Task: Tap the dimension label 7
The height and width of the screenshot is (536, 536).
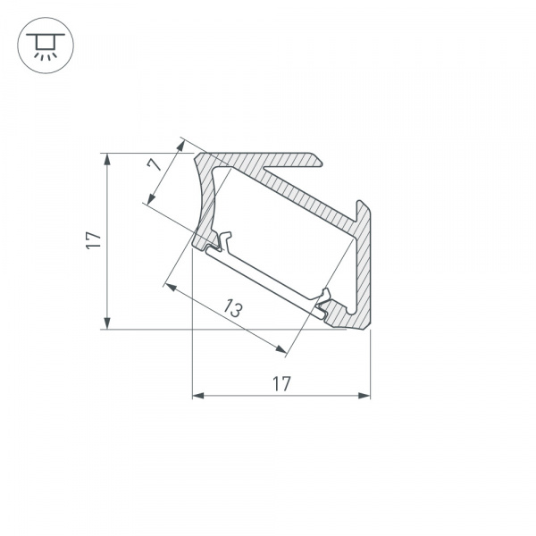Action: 154,164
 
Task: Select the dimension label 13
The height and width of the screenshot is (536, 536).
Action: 232,309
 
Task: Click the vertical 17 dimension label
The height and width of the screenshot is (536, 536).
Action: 93,239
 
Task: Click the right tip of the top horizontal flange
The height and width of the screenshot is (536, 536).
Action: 320,160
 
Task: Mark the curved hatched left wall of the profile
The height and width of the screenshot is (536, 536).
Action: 207,201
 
